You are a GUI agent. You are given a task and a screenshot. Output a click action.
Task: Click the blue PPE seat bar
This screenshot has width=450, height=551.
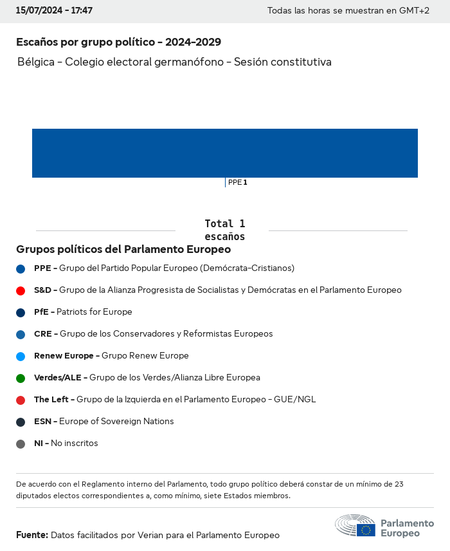point(225,153)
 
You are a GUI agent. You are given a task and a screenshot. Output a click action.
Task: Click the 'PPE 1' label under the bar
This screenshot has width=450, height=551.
point(237,183)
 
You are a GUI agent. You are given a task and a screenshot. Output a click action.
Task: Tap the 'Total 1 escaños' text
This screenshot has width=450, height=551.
point(224,230)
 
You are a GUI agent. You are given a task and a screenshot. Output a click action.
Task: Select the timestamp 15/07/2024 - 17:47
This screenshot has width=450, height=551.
point(54,11)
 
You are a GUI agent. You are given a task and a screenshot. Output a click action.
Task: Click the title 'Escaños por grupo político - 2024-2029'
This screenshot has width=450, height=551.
point(118,42)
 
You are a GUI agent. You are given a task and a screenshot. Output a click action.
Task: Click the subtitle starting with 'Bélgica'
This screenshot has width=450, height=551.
point(174,62)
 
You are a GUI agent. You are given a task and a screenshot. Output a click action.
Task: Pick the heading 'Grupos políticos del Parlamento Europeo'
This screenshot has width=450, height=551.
point(123,249)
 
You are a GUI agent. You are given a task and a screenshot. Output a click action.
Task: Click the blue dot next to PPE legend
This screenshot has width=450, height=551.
point(21,269)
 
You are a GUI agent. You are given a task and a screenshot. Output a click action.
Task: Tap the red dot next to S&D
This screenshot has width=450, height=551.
point(21,291)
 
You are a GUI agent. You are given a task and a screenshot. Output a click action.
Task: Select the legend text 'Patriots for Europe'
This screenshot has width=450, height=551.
point(94,312)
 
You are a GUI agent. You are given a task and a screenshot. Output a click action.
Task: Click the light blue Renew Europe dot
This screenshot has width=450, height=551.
point(21,357)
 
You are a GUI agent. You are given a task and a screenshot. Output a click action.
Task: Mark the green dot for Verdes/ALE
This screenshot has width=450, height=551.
point(21,378)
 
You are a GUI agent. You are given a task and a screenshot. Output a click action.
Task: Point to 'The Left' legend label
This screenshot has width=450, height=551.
point(51,400)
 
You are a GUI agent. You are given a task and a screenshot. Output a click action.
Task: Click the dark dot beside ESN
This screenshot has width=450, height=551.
point(21,422)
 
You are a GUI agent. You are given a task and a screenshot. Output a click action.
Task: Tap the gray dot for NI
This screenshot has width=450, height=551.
point(21,444)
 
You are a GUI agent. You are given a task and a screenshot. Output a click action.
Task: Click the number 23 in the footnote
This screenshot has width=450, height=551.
point(398,484)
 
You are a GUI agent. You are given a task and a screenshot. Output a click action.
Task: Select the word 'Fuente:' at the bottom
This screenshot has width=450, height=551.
point(32,535)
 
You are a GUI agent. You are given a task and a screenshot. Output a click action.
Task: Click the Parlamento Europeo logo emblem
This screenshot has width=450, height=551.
point(355,526)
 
